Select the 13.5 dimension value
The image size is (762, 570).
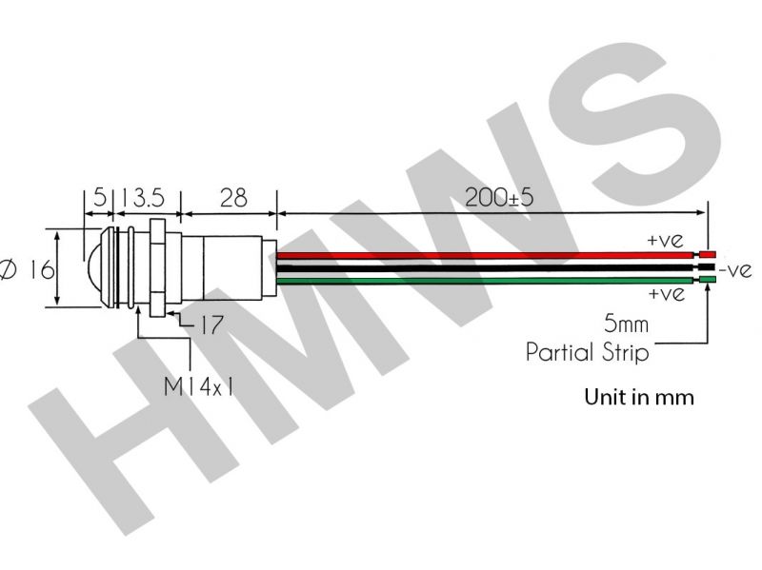coord(142,198)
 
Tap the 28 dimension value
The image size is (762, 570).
coord(232,198)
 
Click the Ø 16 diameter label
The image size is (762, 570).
coord(28,270)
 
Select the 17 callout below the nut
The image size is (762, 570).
coord(211,325)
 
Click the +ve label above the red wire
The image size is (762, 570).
coord(665,240)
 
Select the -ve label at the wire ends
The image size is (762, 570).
coord(736,270)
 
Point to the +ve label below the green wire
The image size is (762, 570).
coord(665,294)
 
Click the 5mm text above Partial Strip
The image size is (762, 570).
coord(626,324)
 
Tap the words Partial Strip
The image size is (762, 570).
coord(588,353)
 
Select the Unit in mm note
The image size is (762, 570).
coord(638,397)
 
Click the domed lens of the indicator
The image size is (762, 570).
coord(91,268)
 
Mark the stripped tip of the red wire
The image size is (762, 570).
coord(710,255)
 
